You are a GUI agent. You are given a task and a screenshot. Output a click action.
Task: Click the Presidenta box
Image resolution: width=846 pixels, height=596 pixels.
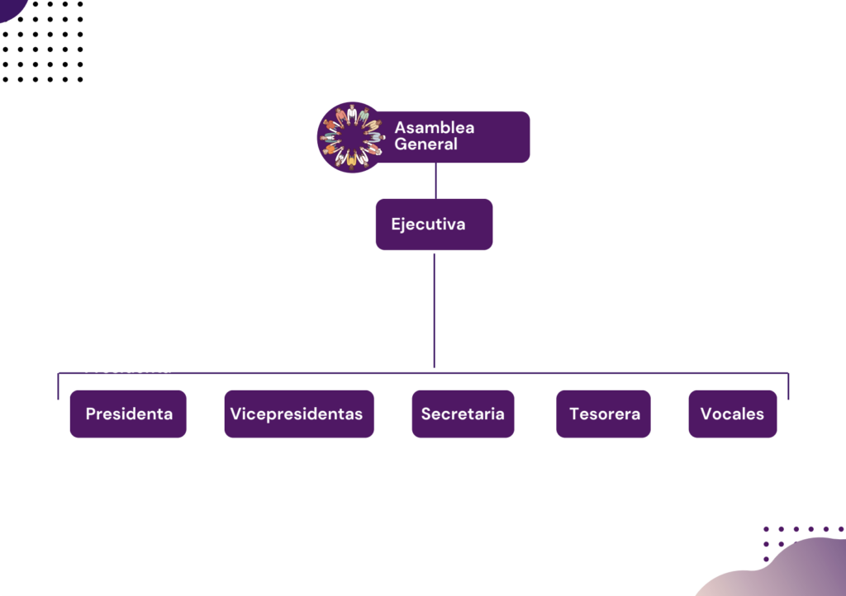(128, 414)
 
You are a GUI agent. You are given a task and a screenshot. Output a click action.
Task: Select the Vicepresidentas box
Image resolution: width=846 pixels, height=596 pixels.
(298, 414)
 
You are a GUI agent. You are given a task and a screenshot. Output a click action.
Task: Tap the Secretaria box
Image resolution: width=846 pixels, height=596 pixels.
(463, 414)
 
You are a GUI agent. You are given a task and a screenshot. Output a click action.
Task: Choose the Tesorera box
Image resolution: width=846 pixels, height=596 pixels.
(603, 414)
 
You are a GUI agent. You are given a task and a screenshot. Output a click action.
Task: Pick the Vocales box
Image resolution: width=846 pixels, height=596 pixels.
(732, 414)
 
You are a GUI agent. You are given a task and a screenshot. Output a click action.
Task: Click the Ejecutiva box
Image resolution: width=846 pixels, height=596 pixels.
(434, 225)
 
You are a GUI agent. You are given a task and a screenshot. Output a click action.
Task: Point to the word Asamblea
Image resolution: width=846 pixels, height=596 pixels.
(434, 128)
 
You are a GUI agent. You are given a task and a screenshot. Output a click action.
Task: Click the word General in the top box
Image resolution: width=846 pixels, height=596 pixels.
(425, 144)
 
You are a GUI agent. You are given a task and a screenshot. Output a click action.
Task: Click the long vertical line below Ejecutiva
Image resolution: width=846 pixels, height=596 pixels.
(434, 310)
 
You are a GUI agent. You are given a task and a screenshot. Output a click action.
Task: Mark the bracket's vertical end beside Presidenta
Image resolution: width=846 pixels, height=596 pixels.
(58, 386)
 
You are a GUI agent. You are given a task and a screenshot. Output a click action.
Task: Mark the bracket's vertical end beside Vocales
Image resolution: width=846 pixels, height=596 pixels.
(788, 386)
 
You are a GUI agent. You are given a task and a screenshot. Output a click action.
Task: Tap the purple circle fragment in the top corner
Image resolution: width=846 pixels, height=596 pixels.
(12, 7)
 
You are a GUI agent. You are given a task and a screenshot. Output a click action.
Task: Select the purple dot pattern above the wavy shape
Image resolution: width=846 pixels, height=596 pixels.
(797, 535)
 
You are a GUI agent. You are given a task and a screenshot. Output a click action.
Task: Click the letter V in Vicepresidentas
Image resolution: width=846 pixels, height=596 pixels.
(235, 414)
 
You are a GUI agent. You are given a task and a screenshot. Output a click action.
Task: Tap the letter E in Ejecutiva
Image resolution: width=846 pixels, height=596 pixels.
(396, 225)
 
